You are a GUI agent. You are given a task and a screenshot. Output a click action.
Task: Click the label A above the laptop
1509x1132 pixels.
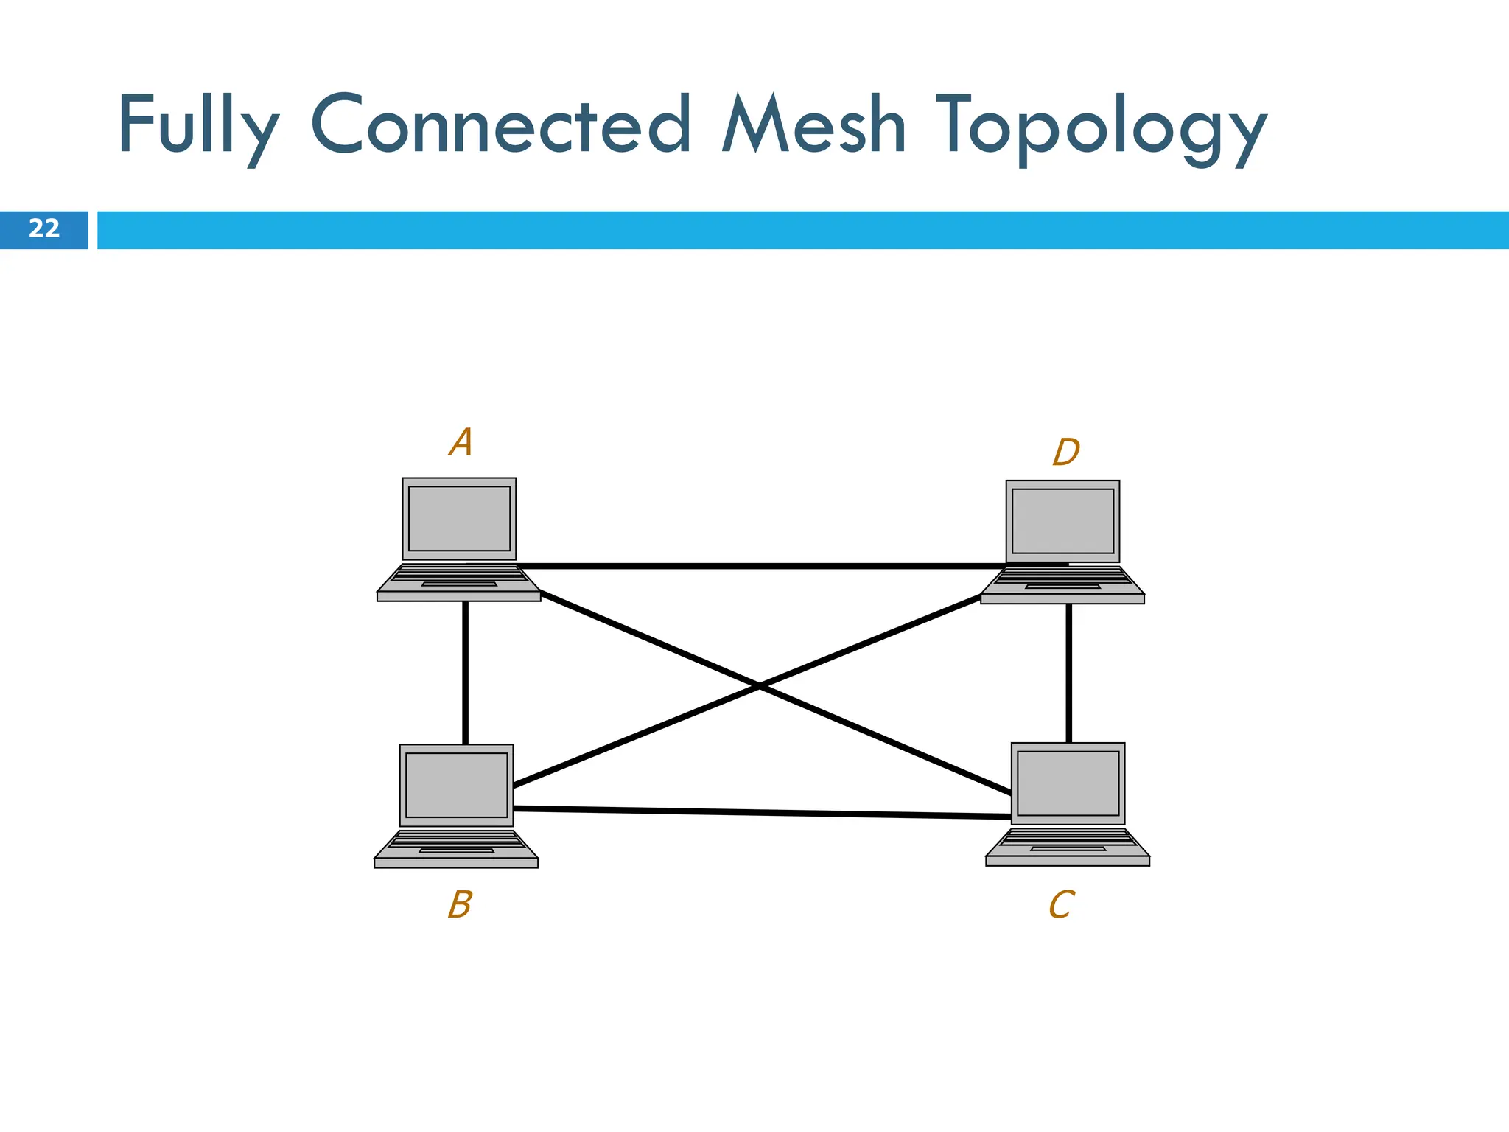(461, 442)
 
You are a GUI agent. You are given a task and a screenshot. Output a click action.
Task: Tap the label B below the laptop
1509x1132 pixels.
(460, 904)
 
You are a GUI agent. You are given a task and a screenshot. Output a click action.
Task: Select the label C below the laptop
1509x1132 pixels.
(1061, 904)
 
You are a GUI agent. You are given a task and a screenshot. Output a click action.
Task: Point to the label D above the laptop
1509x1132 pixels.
(1065, 452)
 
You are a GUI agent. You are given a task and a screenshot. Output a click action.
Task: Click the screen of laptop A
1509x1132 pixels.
(459, 518)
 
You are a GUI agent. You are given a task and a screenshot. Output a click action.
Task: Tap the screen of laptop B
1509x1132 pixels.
(456, 785)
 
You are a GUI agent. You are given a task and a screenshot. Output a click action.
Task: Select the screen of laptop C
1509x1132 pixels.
(1068, 783)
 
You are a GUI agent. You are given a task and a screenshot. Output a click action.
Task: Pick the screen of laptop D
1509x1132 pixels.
(1062, 521)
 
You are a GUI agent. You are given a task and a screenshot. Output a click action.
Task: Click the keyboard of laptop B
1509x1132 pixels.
(456, 842)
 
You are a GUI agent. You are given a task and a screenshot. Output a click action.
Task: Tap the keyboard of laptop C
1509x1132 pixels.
(1068, 840)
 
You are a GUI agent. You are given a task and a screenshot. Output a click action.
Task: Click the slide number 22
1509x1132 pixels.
(44, 229)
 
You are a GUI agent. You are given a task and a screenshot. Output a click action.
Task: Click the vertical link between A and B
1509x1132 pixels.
(465, 672)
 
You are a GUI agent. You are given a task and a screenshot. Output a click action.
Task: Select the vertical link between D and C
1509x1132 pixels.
(1068, 672)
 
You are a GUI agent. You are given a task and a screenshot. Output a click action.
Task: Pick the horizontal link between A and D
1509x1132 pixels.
(759, 566)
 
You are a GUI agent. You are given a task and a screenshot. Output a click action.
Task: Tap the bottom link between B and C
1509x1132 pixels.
(759, 813)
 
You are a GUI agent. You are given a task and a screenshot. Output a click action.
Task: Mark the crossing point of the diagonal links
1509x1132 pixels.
(760, 687)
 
